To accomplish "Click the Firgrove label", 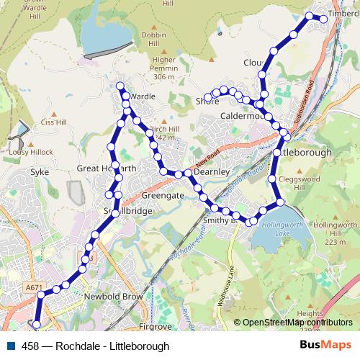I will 156,326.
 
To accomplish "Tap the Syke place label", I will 38,172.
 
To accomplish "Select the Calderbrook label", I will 243,116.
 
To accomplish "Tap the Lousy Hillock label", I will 27,152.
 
